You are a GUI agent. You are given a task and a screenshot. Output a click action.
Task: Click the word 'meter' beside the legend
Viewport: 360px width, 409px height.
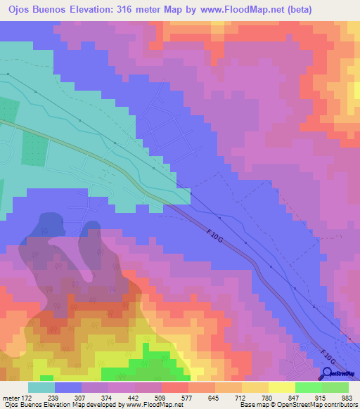click(x=11, y=397)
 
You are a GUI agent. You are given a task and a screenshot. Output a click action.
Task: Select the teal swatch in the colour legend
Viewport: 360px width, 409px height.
click(x=41, y=387)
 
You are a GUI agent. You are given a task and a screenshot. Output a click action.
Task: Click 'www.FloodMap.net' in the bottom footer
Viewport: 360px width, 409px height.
click(x=148, y=405)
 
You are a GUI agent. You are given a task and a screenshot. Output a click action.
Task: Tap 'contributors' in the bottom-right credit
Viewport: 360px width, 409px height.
click(x=339, y=405)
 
